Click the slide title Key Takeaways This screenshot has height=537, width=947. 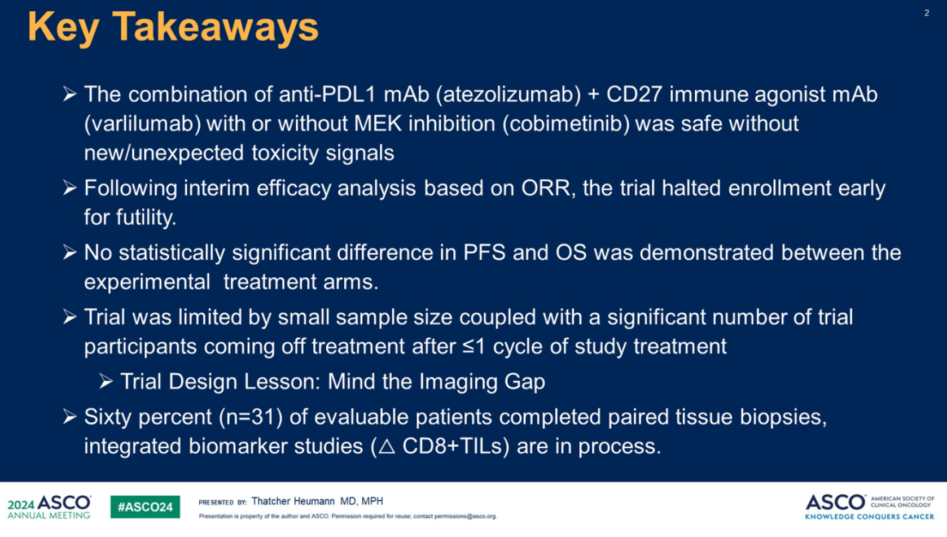click(173, 27)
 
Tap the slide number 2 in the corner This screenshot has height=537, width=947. click(927, 13)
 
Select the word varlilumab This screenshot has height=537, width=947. click(142, 124)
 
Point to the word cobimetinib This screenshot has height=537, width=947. click(566, 124)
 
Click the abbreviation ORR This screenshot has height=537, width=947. click(545, 187)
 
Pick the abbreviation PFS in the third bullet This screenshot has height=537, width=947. click(484, 252)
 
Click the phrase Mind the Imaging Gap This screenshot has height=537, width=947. click(436, 382)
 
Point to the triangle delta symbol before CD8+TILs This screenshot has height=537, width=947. click(387, 447)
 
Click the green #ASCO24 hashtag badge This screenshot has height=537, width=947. click(145, 507)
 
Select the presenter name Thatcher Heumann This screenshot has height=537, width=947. click(293, 501)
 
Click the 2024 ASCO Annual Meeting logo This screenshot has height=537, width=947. click(49, 507)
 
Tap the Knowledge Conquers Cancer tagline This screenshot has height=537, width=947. click(870, 517)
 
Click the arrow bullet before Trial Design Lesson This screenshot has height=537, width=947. click(106, 381)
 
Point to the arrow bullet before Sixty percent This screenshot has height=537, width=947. click(70, 417)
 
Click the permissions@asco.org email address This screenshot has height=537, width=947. click(466, 516)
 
